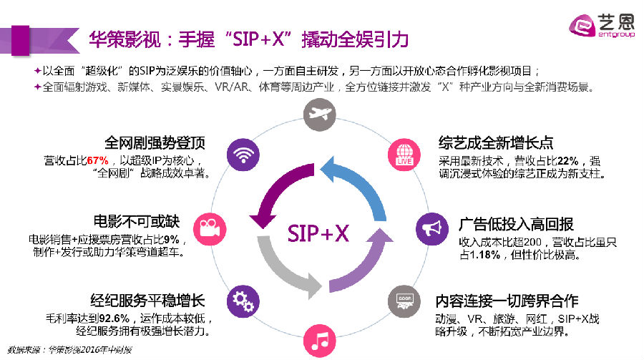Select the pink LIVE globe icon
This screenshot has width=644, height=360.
coord(402,154)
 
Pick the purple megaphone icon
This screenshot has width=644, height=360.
coord(431,228)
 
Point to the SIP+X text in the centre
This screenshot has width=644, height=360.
coord(318,232)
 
